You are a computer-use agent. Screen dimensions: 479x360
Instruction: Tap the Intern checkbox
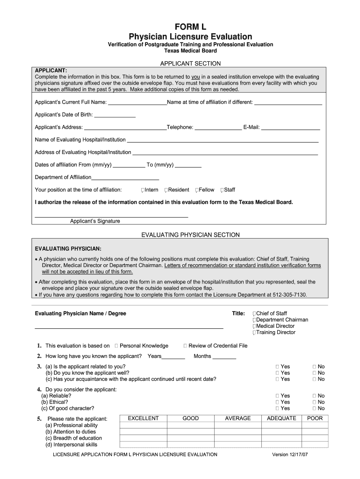point(143,190)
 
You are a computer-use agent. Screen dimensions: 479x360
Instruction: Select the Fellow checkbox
point(197,190)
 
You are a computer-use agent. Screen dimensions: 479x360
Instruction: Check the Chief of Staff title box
point(254,313)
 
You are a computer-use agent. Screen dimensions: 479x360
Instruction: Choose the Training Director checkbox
point(254,333)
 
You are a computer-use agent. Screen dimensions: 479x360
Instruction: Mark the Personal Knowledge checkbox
point(116,346)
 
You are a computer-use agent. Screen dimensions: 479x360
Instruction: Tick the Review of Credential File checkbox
point(185,346)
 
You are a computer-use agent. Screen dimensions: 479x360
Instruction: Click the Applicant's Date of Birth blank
point(115,115)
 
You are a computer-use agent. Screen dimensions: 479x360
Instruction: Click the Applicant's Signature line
point(111,216)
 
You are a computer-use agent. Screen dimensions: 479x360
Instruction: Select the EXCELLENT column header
point(143,418)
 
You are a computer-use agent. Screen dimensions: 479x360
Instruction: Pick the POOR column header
point(315,418)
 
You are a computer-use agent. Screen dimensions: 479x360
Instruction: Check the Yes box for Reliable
point(277,396)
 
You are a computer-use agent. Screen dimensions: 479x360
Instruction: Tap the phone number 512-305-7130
point(291,295)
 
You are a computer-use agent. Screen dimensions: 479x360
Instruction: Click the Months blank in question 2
point(224,357)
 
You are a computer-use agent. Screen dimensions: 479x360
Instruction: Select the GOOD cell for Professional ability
point(190,426)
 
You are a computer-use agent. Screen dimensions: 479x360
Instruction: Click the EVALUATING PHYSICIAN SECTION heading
point(190,235)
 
